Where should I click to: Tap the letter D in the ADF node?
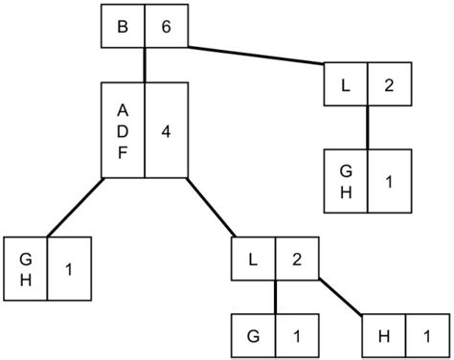coord(123,129)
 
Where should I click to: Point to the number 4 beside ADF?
coord(166,129)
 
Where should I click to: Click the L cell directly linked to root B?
coord(346,84)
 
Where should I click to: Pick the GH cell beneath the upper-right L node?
coord(346,181)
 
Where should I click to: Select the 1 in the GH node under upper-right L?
coord(389,181)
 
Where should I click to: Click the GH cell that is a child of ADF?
coord(26,269)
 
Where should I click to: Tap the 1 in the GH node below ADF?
coord(69,269)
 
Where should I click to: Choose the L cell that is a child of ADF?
coord(254,259)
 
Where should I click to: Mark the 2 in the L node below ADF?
coord(296,259)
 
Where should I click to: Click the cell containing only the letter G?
coord(254,336)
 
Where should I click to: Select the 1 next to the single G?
coord(296,336)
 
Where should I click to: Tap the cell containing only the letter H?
coord(384,336)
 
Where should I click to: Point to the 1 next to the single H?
coord(427,336)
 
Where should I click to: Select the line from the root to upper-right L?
coord(255,55)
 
